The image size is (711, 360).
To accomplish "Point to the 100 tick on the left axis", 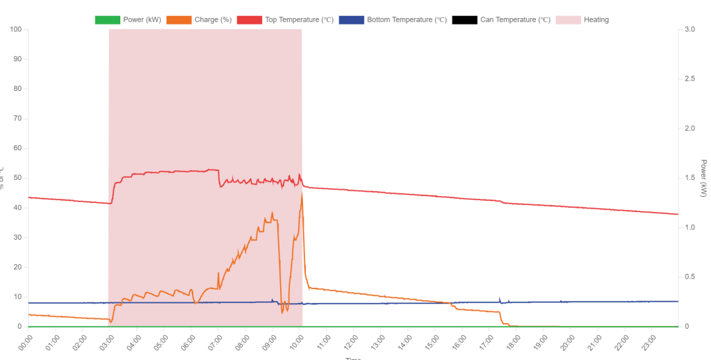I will point(15,29).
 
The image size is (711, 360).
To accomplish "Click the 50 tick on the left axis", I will point(17,178).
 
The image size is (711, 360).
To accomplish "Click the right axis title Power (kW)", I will point(703,178).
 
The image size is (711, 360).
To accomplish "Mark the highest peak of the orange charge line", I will point(302,194).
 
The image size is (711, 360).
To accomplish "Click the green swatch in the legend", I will point(107,19).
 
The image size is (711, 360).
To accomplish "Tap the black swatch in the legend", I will point(464,19).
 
